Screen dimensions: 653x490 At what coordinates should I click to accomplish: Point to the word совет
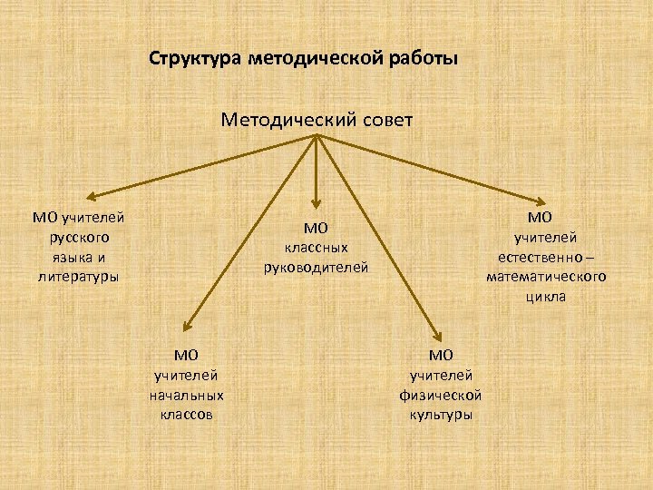[x=380, y=119]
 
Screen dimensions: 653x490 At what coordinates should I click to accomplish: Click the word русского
[x=79, y=237]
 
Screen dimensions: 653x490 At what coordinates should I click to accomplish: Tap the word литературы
[x=79, y=276]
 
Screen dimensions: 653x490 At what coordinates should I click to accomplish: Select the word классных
[x=316, y=247]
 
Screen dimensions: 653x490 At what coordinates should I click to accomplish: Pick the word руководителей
[x=316, y=267]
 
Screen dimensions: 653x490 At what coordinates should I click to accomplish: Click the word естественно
[x=541, y=257]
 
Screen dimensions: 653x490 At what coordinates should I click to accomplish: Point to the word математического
[x=546, y=277]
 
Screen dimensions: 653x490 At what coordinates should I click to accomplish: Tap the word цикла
[x=546, y=296]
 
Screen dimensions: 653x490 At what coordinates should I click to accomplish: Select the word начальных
[x=187, y=395]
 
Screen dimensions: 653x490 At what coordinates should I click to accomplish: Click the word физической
[x=440, y=395]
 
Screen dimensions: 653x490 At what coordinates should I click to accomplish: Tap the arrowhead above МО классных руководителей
[x=316, y=205]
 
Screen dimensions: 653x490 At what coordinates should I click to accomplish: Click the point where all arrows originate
[x=316, y=136]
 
